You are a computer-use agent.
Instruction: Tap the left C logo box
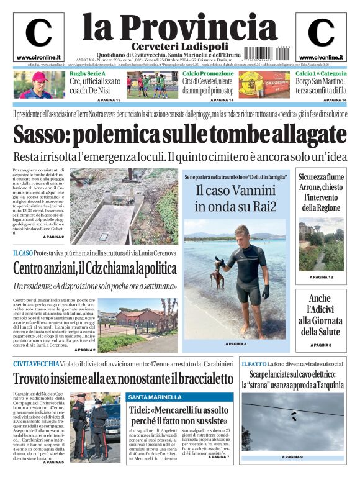point(38,37)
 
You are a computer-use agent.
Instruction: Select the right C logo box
point(321,37)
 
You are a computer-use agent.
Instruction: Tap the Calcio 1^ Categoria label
point(321,74)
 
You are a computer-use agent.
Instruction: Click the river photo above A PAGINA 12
point(321,249)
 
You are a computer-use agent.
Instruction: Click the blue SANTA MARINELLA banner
point(180,397)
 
